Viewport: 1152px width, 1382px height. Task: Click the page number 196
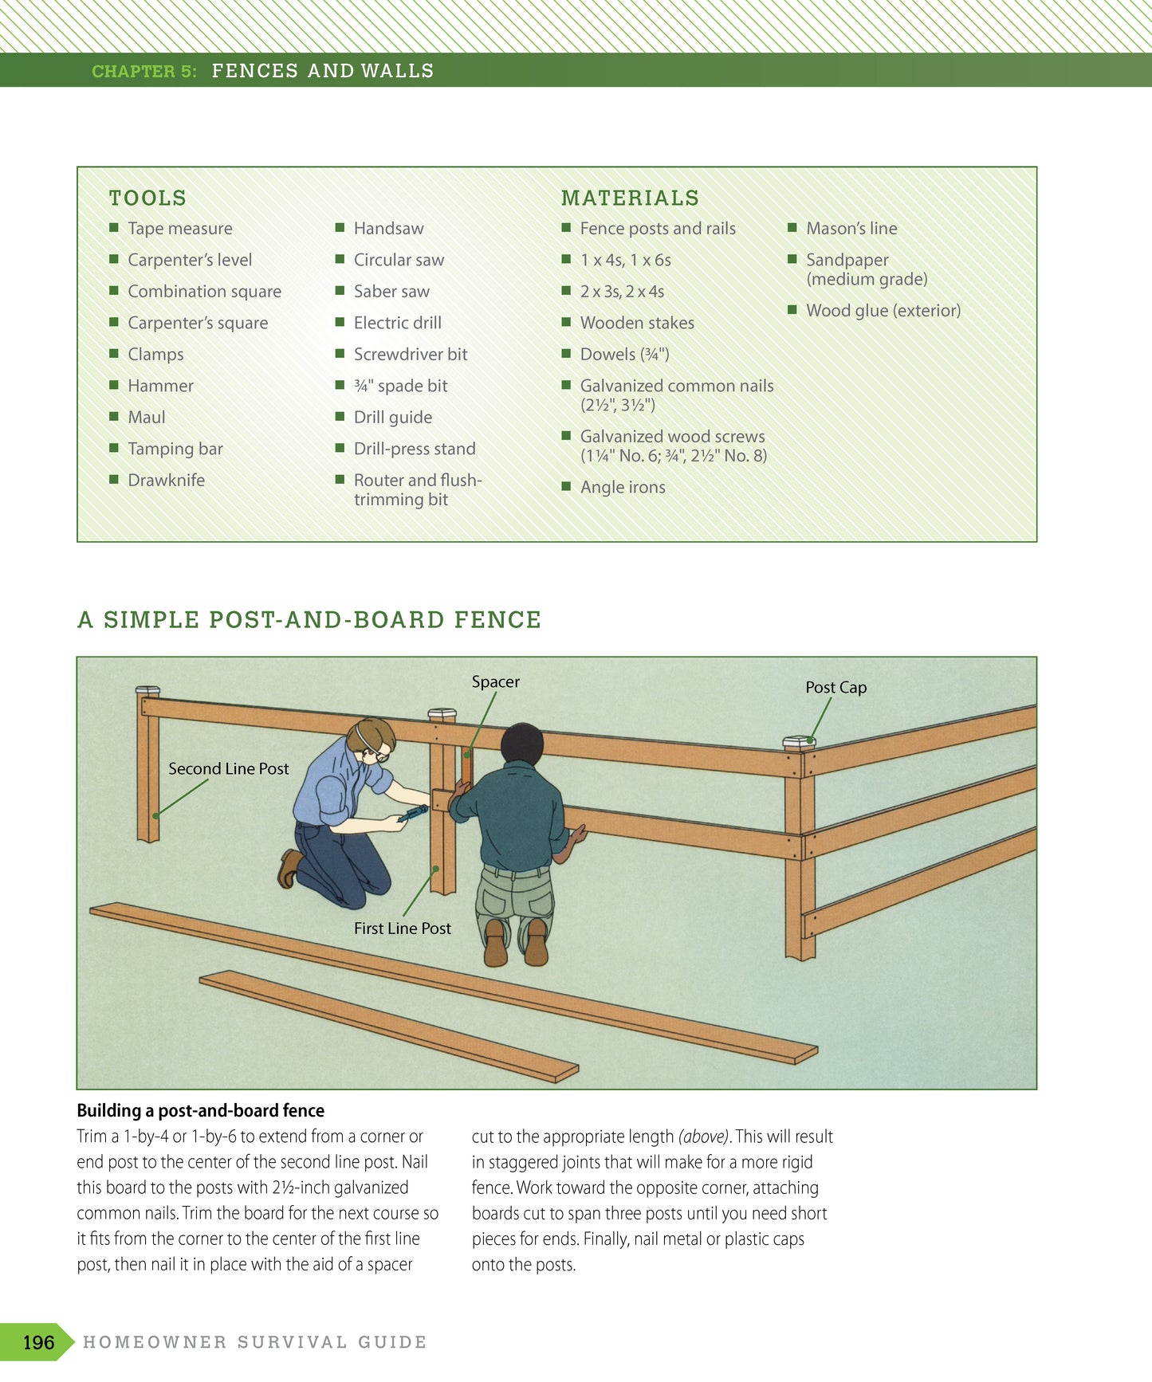[38, 1342]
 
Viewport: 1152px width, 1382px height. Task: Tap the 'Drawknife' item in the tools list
[166, 480]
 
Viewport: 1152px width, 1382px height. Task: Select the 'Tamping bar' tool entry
[175, 449]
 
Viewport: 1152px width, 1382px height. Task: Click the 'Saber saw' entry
[391, 291]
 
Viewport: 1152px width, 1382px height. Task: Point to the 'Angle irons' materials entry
[622, 487]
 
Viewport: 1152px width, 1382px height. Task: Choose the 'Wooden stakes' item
[636, 323]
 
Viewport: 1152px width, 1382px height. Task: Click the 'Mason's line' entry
[851, 228]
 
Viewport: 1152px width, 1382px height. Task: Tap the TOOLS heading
[147, 198]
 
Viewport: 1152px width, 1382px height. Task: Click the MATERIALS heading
[630, 198]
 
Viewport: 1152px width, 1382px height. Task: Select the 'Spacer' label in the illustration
[495, 681]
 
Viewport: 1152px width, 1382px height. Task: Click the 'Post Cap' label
[835, 687]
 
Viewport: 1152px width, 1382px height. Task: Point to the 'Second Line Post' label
[228, 768]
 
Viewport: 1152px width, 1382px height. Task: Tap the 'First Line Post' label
[402, 928]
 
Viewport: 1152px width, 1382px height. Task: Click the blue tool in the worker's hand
[413, 814]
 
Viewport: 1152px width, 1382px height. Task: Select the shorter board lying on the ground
[389, 1026]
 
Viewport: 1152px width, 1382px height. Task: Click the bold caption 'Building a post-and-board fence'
[200, 1110]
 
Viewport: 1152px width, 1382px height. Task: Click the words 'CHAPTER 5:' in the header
[144, 71]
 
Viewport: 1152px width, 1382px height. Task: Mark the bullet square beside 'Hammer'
[114, 385]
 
